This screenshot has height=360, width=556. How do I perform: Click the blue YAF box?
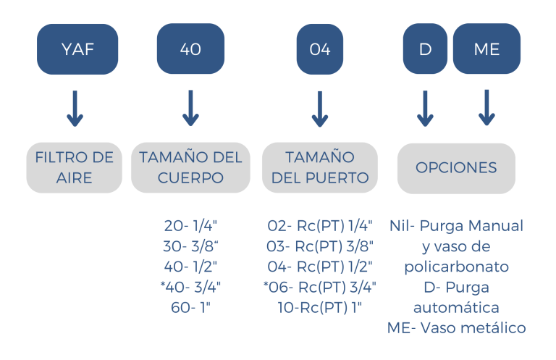77,50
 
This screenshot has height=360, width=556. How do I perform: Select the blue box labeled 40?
190,50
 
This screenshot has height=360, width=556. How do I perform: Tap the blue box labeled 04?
319,50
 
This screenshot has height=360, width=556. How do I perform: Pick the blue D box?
426,50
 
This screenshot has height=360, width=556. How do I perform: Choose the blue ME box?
486,50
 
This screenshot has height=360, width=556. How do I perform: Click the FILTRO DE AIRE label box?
75,167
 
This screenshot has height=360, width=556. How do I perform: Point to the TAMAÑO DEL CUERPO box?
190,167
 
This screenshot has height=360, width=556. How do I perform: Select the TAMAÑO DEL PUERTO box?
319,167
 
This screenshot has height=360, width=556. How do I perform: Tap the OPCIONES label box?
456,167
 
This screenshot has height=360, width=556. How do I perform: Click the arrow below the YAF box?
75,108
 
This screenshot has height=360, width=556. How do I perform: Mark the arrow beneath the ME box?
486,108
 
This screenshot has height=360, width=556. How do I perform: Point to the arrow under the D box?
426,108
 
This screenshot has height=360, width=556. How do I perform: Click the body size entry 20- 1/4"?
191,225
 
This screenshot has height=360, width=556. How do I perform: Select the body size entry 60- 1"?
191,307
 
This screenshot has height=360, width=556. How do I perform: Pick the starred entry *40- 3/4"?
191,287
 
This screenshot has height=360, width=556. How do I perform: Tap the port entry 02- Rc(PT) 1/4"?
320,225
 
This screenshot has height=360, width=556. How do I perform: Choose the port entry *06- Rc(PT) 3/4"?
320,287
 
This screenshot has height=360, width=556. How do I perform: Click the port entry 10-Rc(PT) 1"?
320,307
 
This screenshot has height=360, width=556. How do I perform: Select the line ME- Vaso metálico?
456,328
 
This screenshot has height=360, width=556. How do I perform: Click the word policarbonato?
456,267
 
